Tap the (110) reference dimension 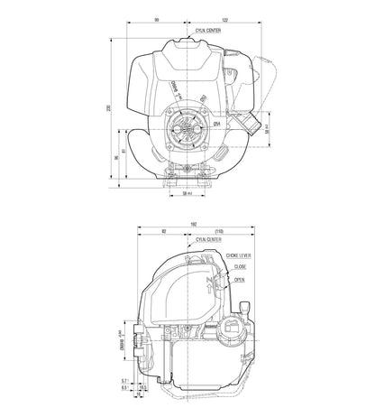(x=219, y=233)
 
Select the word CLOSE (x=240, y=268)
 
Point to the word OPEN (x=239, y=280)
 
